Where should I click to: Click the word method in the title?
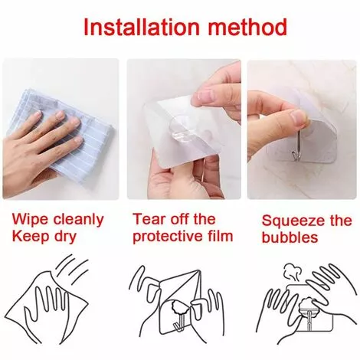(247, 27)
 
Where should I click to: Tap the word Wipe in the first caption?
(30, 220)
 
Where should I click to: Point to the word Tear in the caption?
(149, 219)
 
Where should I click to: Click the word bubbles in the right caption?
(290, 237)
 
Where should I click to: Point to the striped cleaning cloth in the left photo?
(64, 136)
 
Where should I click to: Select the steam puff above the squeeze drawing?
(291, 273)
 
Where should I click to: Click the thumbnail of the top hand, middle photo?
(205, 96)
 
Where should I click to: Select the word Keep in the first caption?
(30, 236)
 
